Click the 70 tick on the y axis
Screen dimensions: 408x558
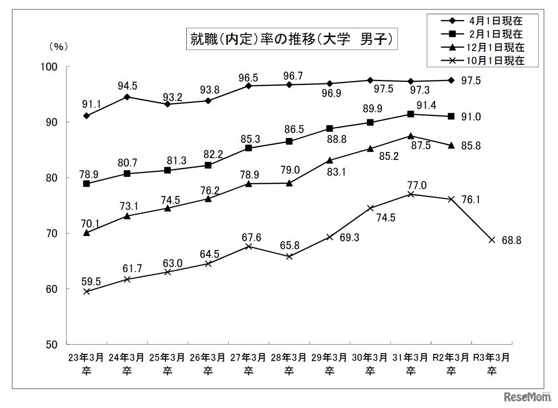coord(50,233)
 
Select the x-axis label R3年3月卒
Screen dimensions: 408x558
coord(492,364)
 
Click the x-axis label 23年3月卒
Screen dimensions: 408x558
coord(86,364)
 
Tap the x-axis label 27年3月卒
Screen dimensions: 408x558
coord(248,364)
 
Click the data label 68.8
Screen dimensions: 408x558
coord(511,241)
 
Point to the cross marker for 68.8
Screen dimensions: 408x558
coord(492,240)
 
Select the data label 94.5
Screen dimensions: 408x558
coord(128,86)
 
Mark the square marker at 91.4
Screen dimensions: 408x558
coord(410,114)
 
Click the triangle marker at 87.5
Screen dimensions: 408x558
coord(410,136)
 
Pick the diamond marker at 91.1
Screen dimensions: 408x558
coord(86,116)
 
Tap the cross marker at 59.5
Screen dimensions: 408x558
coord(86,291)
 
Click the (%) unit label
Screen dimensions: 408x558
coord(59,47)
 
